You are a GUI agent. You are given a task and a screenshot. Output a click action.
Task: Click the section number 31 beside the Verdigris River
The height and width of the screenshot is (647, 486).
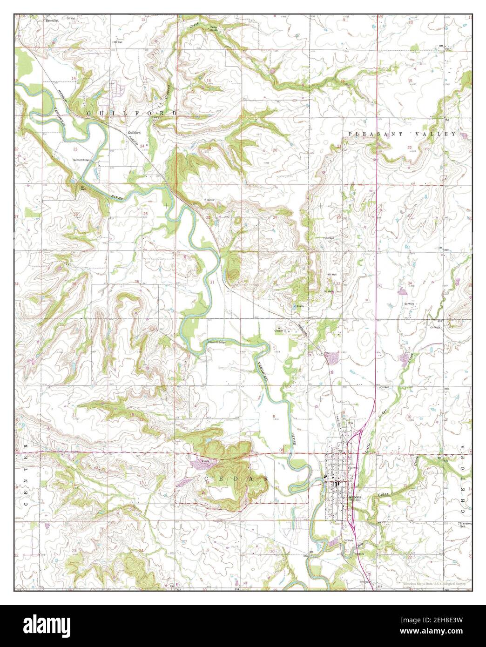(x=212, y=283)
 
